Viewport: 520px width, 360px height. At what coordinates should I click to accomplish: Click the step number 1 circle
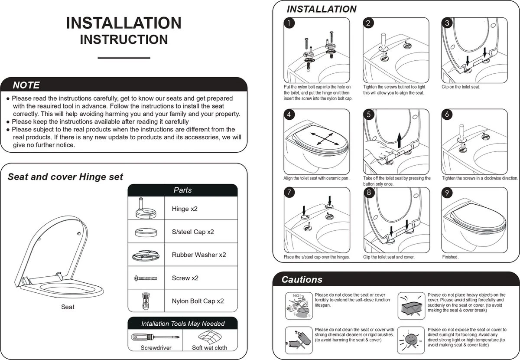point(289,23)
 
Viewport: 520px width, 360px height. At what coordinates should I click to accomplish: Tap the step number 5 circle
point(369,115)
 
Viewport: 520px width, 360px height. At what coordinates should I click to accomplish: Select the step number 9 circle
point(447,193)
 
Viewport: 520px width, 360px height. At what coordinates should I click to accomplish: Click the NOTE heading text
point(26,85)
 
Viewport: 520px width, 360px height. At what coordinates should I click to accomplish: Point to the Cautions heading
point(302,280)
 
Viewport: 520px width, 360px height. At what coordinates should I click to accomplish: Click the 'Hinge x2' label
point(185,209)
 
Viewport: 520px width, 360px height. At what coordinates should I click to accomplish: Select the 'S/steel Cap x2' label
point(193,232)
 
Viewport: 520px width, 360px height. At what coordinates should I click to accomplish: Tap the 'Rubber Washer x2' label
point(199,255)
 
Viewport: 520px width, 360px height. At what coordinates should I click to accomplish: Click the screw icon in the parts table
point(146,278)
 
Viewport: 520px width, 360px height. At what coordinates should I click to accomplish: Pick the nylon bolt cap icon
point(146,301)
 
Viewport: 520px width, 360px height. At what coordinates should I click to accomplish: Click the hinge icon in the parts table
point(146,208)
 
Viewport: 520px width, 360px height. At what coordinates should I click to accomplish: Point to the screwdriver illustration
point(155,337)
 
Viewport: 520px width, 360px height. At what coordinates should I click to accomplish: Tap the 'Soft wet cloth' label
point(209,348)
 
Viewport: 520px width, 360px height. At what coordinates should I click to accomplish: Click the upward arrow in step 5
point(399,140)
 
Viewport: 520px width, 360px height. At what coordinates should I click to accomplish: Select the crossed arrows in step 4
point(325,139)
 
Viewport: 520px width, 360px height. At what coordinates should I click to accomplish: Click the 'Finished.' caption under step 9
point(450,257)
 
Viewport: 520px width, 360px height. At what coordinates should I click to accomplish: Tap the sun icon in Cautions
point(411,340)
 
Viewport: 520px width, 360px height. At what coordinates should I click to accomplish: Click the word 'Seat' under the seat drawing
point(68,307)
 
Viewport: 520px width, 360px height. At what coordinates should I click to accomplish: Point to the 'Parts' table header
point(183,190)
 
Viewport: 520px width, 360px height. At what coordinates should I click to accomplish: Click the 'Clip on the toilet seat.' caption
point(461,87)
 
